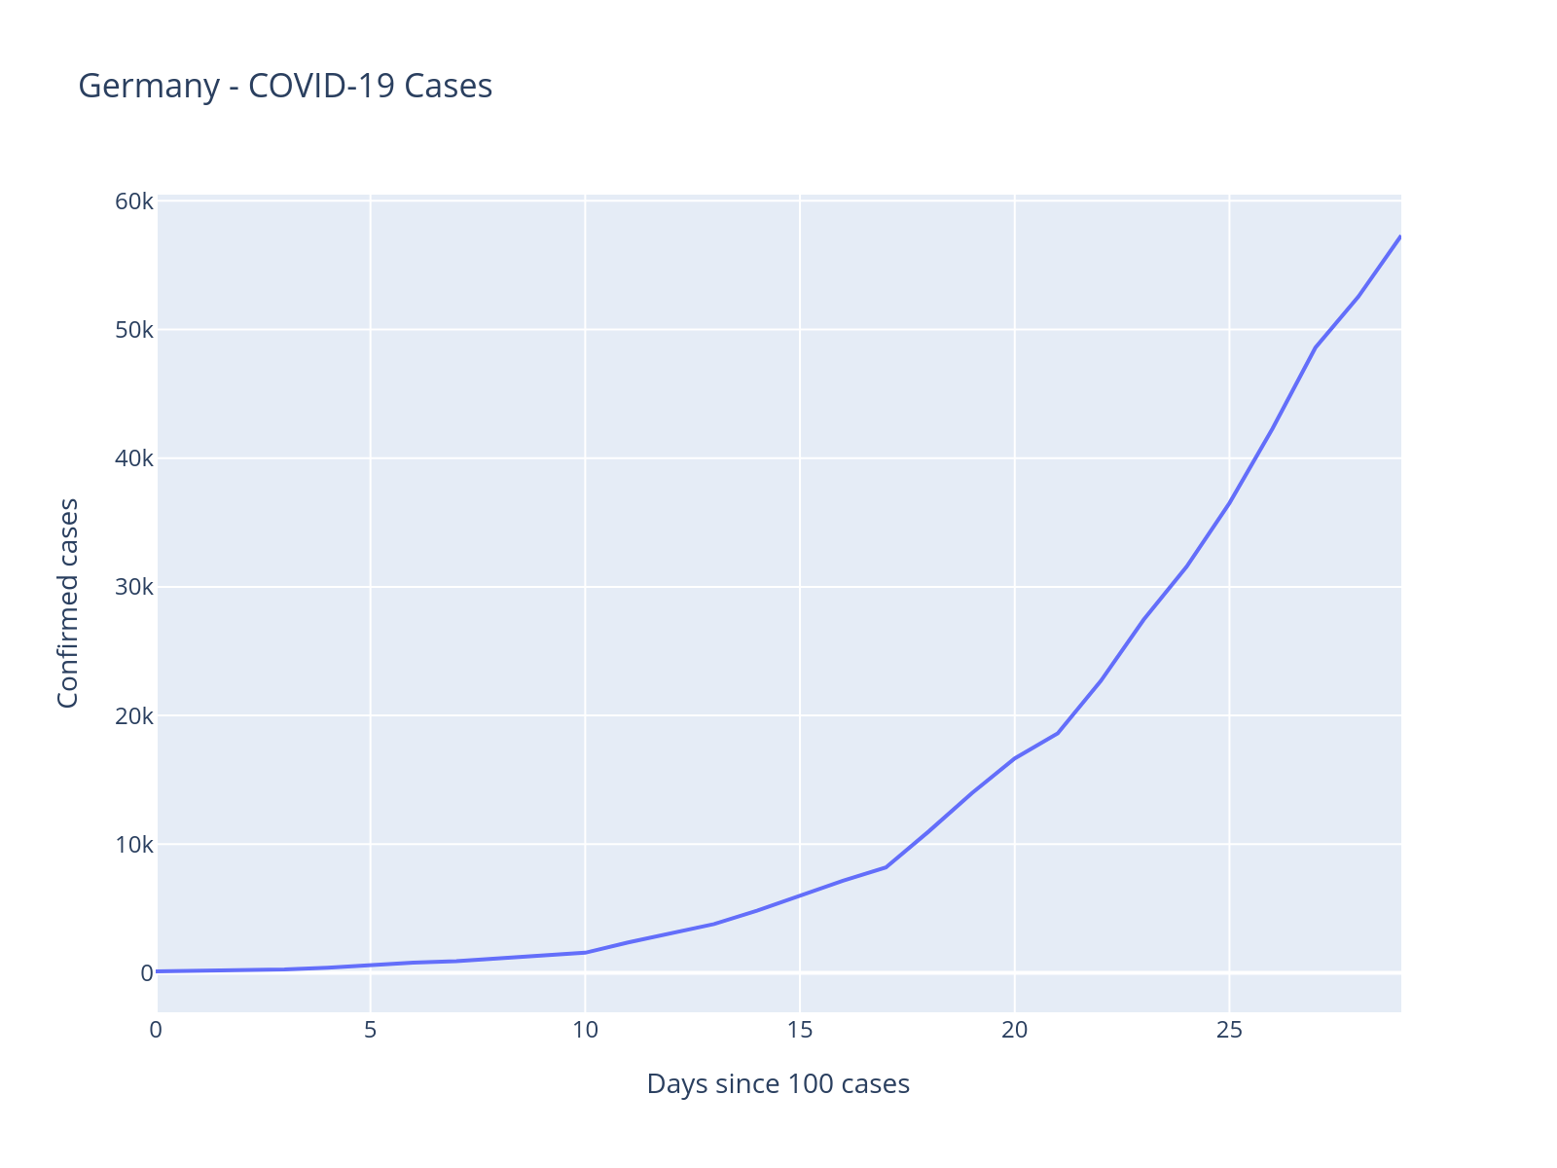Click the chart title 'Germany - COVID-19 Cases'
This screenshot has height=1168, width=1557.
click(285, 87)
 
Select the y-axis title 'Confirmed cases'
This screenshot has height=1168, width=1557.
click(68, 603)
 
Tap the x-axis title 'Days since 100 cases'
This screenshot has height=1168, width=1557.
click(778, 1084)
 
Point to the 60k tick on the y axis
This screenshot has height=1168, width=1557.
click(134, 201)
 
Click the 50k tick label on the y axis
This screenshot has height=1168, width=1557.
click(134, 330)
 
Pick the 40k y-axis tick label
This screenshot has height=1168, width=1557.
click(134, 458)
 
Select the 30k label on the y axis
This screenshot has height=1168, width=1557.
click(134, 587)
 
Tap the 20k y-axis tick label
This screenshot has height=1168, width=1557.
click(134, 715)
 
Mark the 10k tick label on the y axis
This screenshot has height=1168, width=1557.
click(134, 844)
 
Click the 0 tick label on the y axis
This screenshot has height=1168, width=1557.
click(146, 972)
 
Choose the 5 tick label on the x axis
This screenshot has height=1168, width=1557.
click(371, 1031)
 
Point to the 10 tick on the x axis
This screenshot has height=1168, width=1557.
click(585, 1031)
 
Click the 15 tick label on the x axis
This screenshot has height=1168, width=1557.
click(800, 1031)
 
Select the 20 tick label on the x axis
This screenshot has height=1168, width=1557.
click(1015, 1031)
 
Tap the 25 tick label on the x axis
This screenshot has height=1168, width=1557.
click(1230, 1031)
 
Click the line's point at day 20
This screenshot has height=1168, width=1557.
click(1015, 758)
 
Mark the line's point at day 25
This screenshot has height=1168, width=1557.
click(1230, 502)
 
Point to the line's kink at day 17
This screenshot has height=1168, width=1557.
click(886, 866)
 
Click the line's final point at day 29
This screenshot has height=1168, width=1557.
click(1399, 237)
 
